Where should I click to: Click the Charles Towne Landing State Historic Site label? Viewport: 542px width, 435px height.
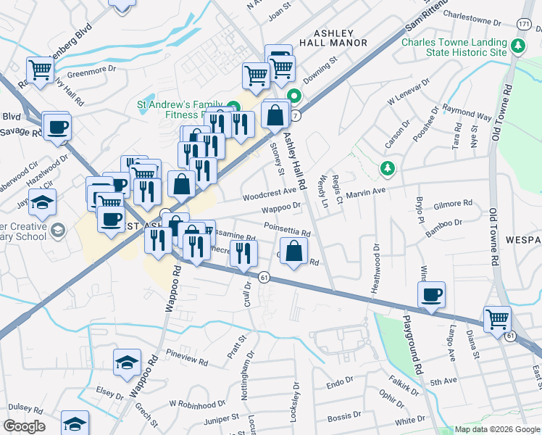click(454, 47)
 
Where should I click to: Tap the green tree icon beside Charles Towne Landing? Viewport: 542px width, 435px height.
click(517, 47)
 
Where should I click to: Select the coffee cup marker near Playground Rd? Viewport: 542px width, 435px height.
click(431, 294)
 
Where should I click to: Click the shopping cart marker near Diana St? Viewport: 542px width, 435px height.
click(497, 318)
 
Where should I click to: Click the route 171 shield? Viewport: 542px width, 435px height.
click(524, 25)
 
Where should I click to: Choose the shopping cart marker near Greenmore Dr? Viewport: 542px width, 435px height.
click(40, 70)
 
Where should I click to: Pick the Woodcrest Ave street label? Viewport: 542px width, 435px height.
click(270, 193)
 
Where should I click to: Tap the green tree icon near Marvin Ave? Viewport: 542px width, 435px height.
click(388, 169)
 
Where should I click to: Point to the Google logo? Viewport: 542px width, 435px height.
click(24, 426)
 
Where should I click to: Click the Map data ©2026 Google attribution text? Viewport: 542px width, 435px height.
click(497, 429)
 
